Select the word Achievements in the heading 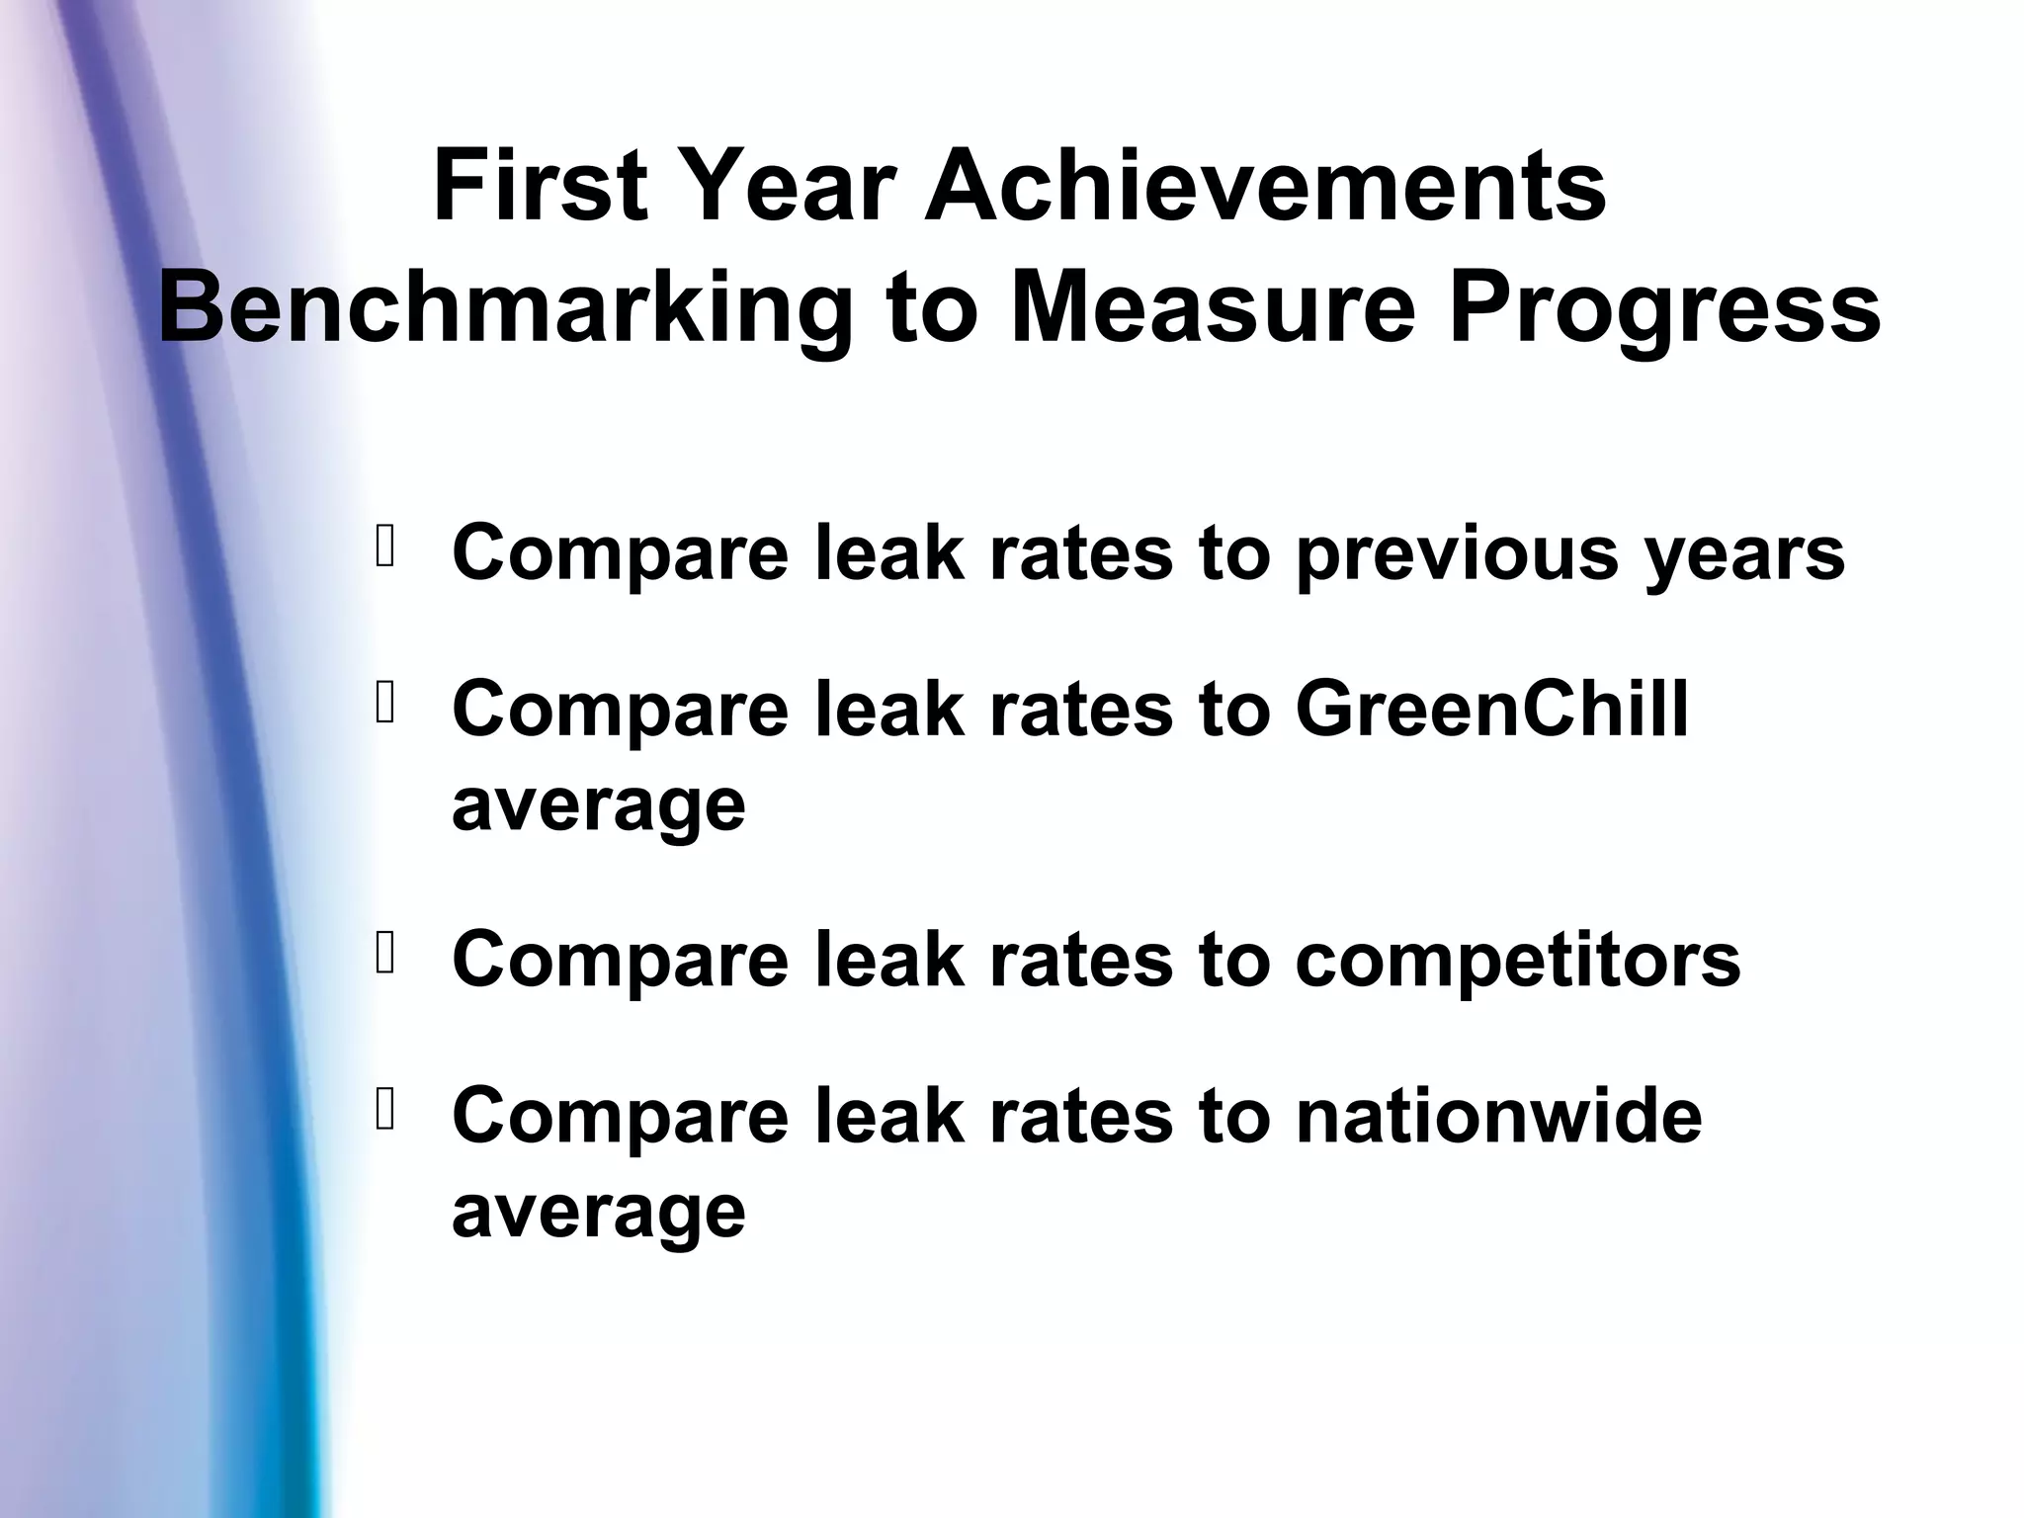pyautogui.click(x=1265, y=186)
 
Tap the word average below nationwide pyautogui.click(x=598, y=1211)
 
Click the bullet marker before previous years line pyautogui.click(x=385, y=548)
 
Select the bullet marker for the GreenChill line pyautogui.click(x=385, y=703)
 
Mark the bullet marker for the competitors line pyautogui.click(x=385, y=953)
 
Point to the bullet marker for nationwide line pyautogui.click(x=385, y=1110)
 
